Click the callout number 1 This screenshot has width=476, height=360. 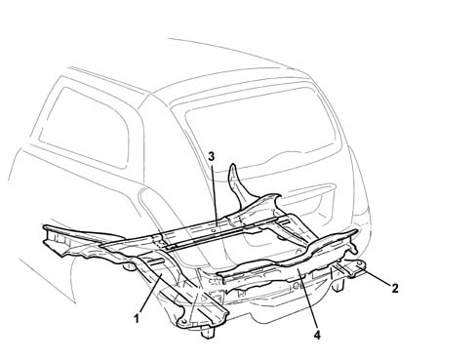tap(137, 318)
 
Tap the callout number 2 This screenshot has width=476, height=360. tap(394, 288)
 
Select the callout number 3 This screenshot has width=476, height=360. tap(212, 156)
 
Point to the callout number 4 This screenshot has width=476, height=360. tap(317, 335)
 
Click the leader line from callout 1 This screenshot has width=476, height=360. tap(150, 294)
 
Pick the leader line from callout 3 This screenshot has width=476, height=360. tap(213, 195)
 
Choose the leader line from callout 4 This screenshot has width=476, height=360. tap(307, 299)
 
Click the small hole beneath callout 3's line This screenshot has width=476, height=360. tap(214, 230)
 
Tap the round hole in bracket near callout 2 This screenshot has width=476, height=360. tap(359, 262)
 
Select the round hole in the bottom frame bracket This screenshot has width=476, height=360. tap(184, 321)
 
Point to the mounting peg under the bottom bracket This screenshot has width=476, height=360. tap(208, 333)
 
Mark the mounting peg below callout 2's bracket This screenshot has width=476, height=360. tap(338, 285)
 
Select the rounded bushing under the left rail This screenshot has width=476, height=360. tap(130, 266)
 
